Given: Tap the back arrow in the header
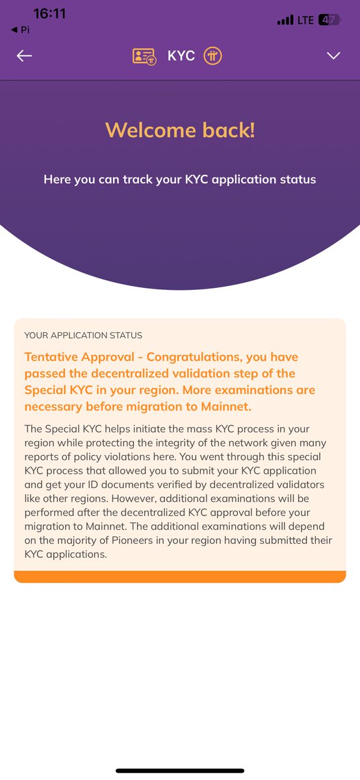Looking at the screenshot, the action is (25, 56).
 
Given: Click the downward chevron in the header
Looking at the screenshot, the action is (333, 56).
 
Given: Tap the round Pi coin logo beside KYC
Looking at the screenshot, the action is (212, 56).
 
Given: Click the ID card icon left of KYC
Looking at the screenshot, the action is (144, 56).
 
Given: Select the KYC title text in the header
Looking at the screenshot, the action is (181, 56).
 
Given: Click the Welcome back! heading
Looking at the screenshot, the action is (180, 129).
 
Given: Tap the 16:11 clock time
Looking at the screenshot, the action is (49, 14).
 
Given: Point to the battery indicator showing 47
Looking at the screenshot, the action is (329, 20).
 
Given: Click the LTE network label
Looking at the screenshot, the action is (305, 20).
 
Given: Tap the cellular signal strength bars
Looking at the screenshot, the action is (285, 21).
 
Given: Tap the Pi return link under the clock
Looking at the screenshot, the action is (21, 30).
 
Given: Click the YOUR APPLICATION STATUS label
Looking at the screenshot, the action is (83, 335).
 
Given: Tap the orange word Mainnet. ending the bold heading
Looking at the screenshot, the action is (226, 406).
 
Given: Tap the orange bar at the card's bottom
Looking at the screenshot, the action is (179, 577).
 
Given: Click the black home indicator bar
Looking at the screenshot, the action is (180, 771).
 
